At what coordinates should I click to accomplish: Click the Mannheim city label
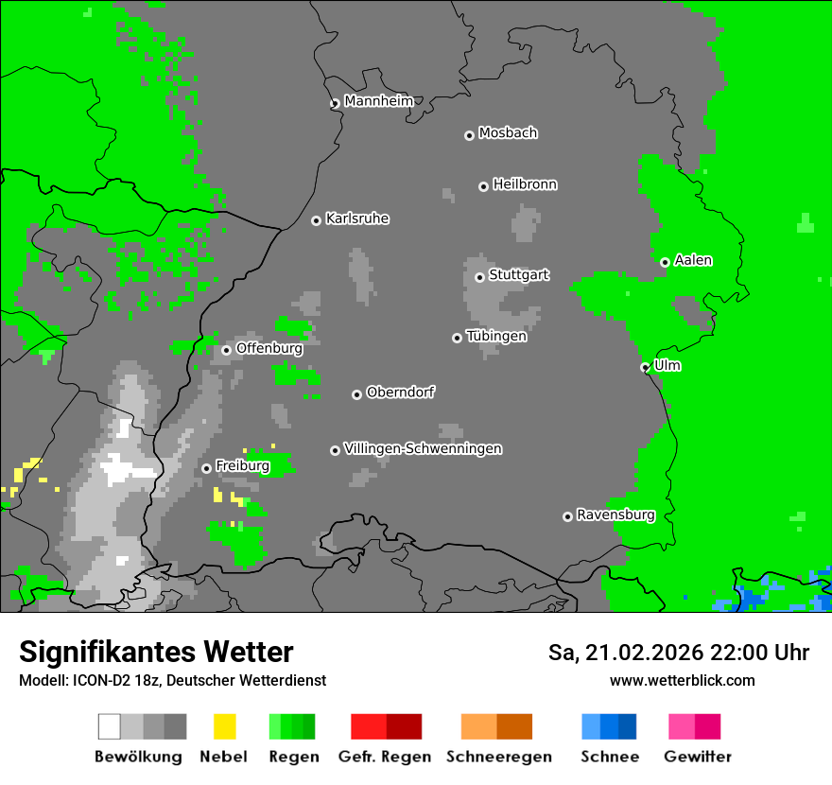pos(379,101)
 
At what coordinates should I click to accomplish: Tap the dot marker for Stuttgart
pos(479,277)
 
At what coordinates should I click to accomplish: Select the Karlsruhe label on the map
pos(357,218)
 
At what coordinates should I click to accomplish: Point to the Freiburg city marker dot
pos(206,468)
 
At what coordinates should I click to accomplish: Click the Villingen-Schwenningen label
pos(423,448)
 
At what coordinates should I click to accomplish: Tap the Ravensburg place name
pos(615,515)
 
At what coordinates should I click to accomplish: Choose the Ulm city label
pos(667,365)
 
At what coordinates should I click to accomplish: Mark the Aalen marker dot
pos(665,262)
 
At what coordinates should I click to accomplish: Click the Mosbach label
pos(508,133)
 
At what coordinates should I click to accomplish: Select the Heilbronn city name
pos(525,184)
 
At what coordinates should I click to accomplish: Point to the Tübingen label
pos(496,336)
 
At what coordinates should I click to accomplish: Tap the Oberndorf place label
pos(401,392)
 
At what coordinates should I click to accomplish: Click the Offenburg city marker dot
pos(226,350)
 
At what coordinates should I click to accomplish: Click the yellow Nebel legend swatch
pos(224,726)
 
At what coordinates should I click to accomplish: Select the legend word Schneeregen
pos(498,757)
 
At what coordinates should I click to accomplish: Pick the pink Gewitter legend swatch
pos(682,726)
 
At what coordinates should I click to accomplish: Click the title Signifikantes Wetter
pos(156,652)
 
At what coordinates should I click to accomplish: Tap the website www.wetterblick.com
pos(682,680)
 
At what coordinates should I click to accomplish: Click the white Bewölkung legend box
pos(109,726)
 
